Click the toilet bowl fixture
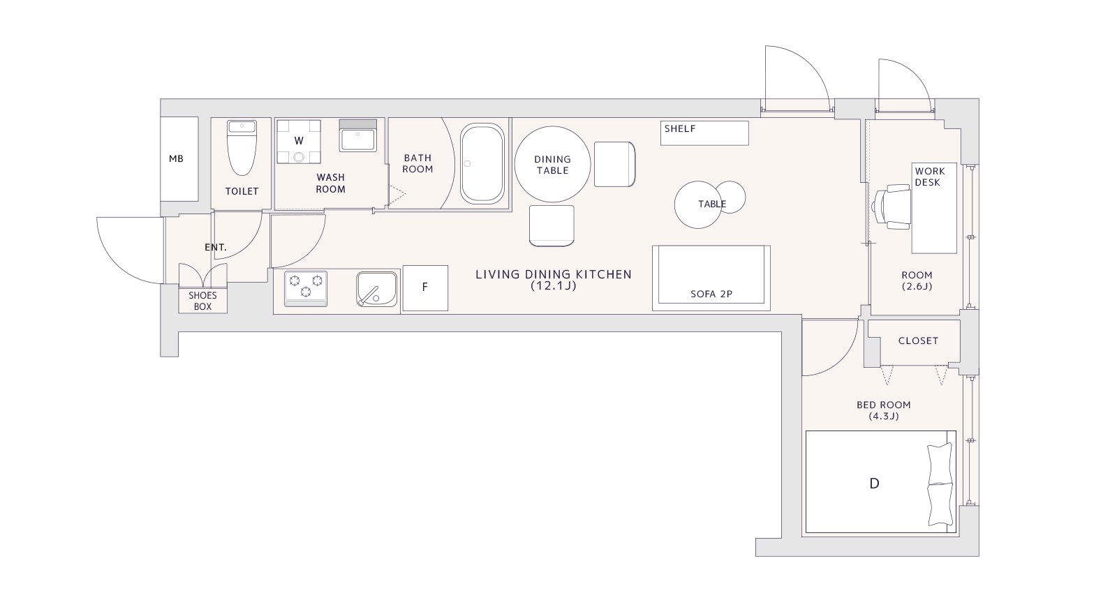tap(242, 147)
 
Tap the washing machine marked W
tap(299, 142)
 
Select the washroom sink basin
tap(358, 135)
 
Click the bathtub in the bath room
tap(482, 163)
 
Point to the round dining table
tap(552, 164)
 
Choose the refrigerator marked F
tap(425, 288)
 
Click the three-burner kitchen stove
tap(306, 289)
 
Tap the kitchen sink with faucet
tap(377, 290)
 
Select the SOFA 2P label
tap(711, 294)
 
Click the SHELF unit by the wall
tap(704, 133)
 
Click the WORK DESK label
tap(929, 177)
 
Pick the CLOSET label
tap(918, 341)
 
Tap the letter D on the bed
tap(874, 484)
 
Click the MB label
tap(176, 159)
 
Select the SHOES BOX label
tap(202, 301)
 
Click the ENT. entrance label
tap(216, 247)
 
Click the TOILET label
tap(242, 191)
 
